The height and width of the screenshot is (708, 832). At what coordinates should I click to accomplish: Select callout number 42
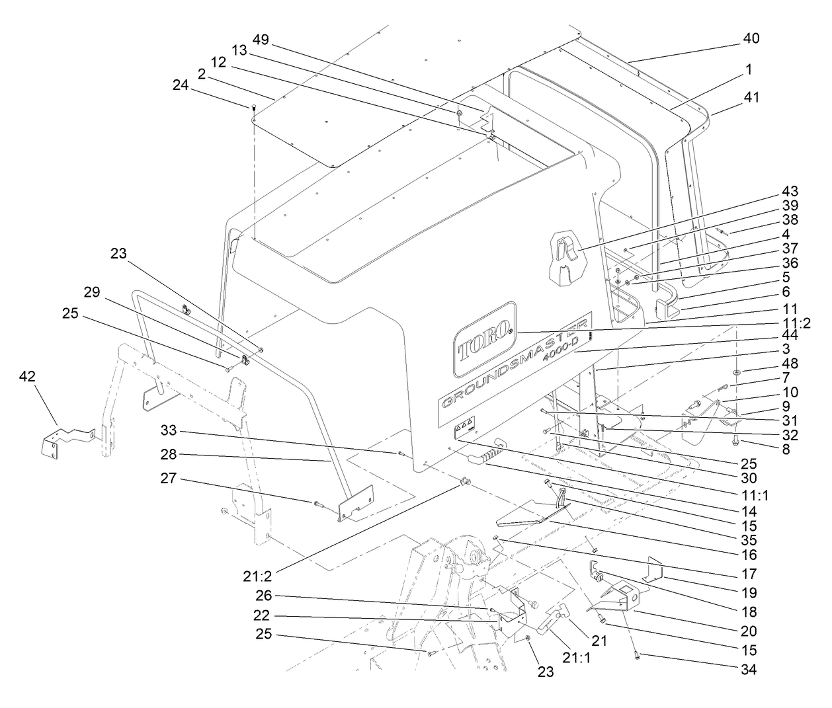click(x=27, y=376)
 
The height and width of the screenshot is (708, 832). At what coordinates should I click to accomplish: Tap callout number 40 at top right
click(x=750, y=38)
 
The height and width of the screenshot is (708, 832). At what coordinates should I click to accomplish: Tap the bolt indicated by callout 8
click(x=737, y=443)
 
